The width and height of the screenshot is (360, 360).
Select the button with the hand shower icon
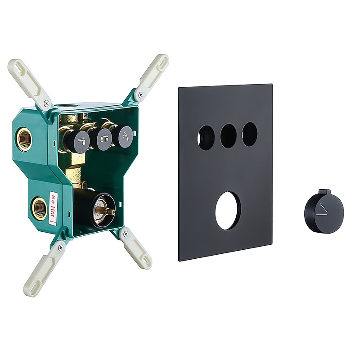(x=126, y=136)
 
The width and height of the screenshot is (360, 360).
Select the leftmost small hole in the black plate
(x=206, y=138)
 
